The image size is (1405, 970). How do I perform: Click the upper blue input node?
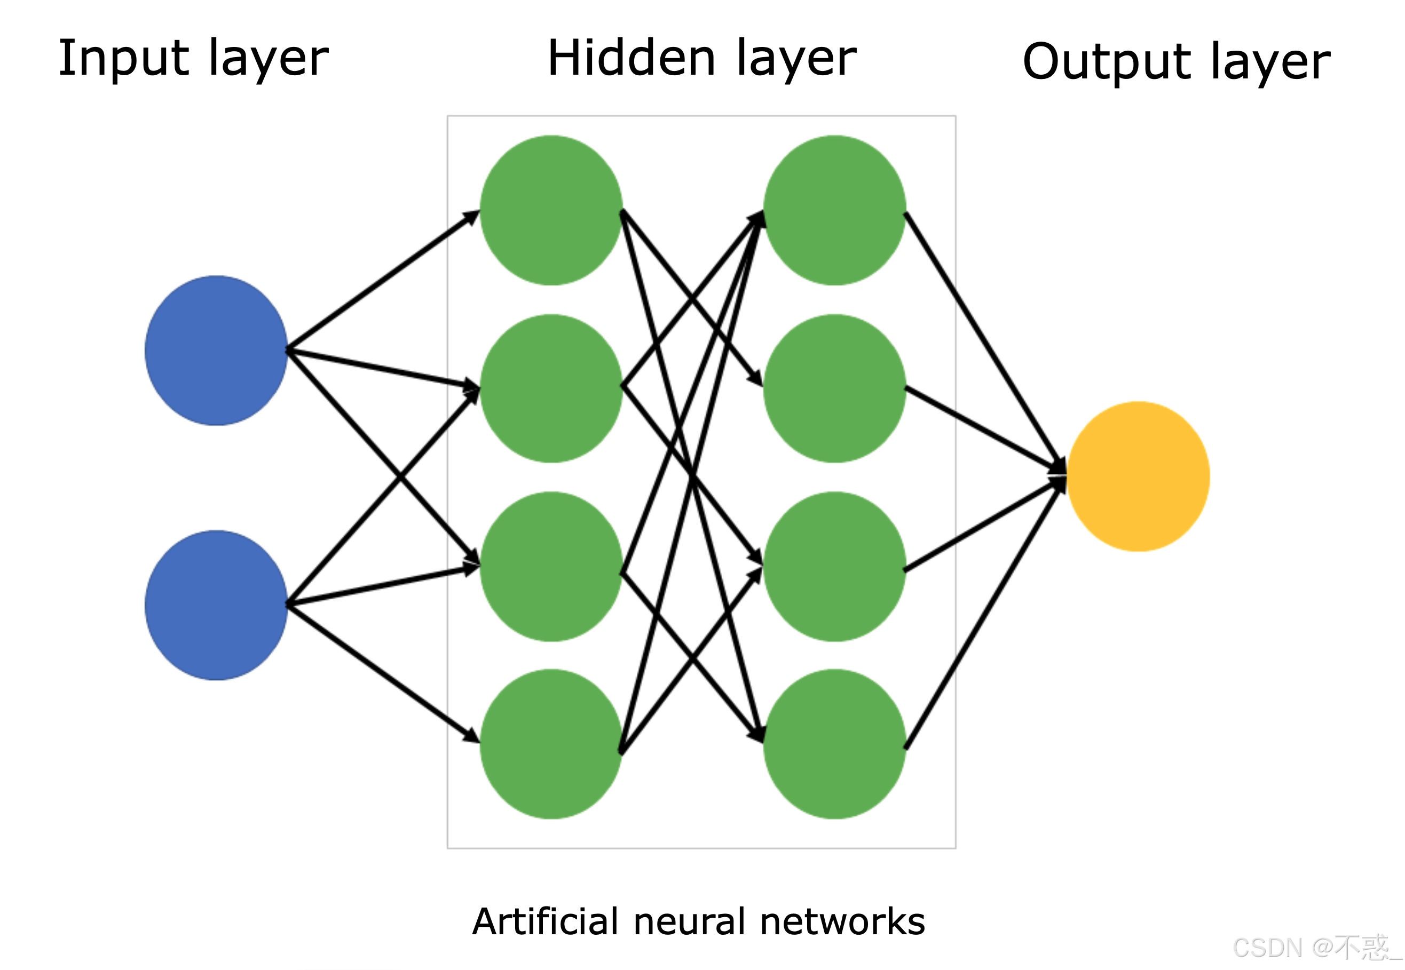tap(216, 351)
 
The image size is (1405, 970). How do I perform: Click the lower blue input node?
tap(216, 606)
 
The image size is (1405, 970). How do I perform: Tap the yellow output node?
tap(1138, 476)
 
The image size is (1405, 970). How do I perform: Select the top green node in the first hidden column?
tap(551, 210)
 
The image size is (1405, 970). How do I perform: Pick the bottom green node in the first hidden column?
tap(551, 744)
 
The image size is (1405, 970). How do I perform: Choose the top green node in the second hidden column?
tap(834, 210)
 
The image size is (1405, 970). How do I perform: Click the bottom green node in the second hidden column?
tap(834, 744)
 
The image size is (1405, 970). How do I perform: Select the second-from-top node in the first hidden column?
tap(551, 389)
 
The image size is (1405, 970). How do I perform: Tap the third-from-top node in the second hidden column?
tap(834, 567)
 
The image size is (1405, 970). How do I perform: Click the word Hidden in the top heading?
tap(632, 59)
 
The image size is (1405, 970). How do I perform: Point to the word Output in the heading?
tap(1107, 62)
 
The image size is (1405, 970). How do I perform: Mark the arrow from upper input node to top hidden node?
tap(383, 280)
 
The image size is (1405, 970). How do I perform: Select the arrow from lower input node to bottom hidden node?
tap(383, 673)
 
